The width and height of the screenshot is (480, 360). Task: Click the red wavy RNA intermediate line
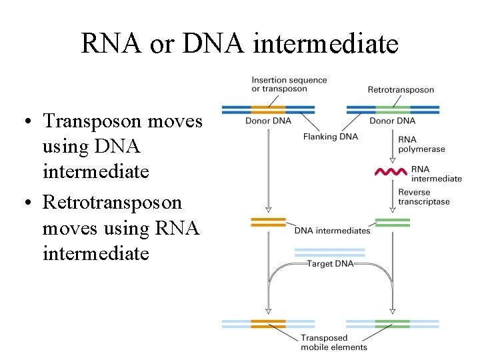click(391, 172)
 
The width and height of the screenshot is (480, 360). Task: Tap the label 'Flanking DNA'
click(331, 137)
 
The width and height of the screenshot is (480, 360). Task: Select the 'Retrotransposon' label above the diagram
click(401, 90)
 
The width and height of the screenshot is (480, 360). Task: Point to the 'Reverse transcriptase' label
click(424, 197)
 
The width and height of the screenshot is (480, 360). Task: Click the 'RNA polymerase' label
click(421, 144)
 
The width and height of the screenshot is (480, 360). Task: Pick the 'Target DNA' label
click(330, 263)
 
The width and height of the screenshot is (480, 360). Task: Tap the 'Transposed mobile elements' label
click(334, 342)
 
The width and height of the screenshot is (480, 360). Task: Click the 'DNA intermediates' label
click(333, 231)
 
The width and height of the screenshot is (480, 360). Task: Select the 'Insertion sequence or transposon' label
click(289, 84)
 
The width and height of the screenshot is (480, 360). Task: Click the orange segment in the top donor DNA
click(268, 110)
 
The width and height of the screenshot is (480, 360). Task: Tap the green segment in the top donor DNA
click(393, 110)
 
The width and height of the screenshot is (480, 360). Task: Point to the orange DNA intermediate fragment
click(268, 222)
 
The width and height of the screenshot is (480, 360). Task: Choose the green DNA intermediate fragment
click(393, 223)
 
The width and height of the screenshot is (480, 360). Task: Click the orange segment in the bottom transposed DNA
click(268, 324)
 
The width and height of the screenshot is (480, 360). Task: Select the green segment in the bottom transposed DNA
click(393, 324)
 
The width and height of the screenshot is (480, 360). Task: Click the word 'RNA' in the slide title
click(111, 43)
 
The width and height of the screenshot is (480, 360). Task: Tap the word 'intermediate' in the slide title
click(326, 43)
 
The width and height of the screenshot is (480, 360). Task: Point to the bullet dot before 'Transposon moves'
click(28, 121)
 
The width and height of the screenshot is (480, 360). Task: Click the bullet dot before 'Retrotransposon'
click(28, 202)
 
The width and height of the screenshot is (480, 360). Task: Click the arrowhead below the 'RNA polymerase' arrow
click(393, 161)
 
